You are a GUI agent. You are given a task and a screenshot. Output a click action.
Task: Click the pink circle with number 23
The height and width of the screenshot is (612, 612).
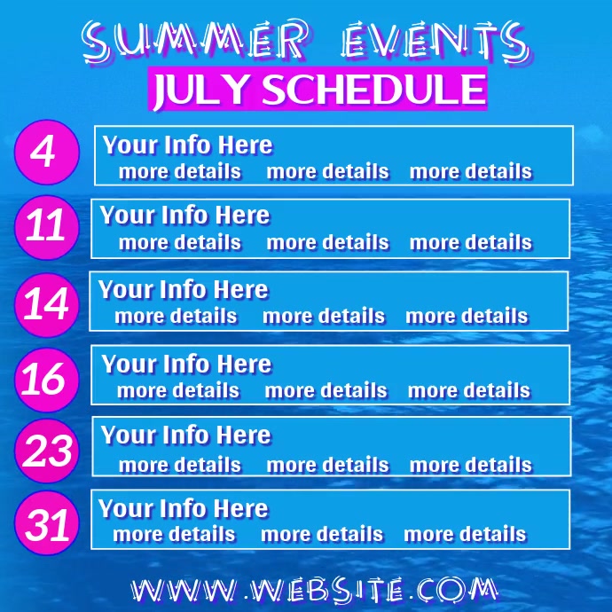[46, 451]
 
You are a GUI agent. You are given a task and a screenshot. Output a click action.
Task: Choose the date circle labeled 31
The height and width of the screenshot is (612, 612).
[46, 524]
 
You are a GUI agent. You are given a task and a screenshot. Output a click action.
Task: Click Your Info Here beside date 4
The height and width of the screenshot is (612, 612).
[187, 145]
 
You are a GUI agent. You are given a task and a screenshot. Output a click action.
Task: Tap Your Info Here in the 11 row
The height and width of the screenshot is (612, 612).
[184, 216]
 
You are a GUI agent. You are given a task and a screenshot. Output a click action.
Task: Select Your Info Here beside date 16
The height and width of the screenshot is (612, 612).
[186, 364]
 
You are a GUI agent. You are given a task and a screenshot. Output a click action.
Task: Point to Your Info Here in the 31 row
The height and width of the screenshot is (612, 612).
[183, 509]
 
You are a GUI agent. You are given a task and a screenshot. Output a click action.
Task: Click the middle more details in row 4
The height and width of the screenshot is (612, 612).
[327, 171]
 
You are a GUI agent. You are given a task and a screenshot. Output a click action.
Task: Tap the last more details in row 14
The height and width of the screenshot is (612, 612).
[467, 316]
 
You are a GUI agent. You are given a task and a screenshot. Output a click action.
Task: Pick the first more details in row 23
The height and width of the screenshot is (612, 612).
[179, 464]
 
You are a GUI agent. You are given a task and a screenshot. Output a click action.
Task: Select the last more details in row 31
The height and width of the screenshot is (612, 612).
[465, 534]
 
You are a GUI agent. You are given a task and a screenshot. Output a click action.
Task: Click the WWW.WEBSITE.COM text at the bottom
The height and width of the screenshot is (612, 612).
[313, 588]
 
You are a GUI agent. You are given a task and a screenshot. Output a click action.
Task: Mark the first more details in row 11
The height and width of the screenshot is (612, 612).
[179, 242]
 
